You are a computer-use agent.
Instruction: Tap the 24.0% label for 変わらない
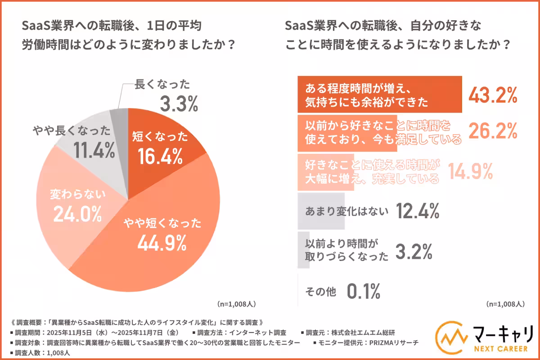pyautogui.click(x=77, y=214)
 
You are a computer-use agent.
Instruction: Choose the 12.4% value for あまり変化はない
pyautogui.click(x=418, y=210)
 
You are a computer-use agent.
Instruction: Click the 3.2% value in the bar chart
pyautogui.click(x=414, y=252)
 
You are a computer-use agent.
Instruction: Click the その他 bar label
pyautogui.click(x=320, y=292)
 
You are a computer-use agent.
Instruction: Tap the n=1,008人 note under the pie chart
pyautogui.click(x=237, y=304)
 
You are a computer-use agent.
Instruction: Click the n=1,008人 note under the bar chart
pyautogui.click(x=505, y=304)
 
